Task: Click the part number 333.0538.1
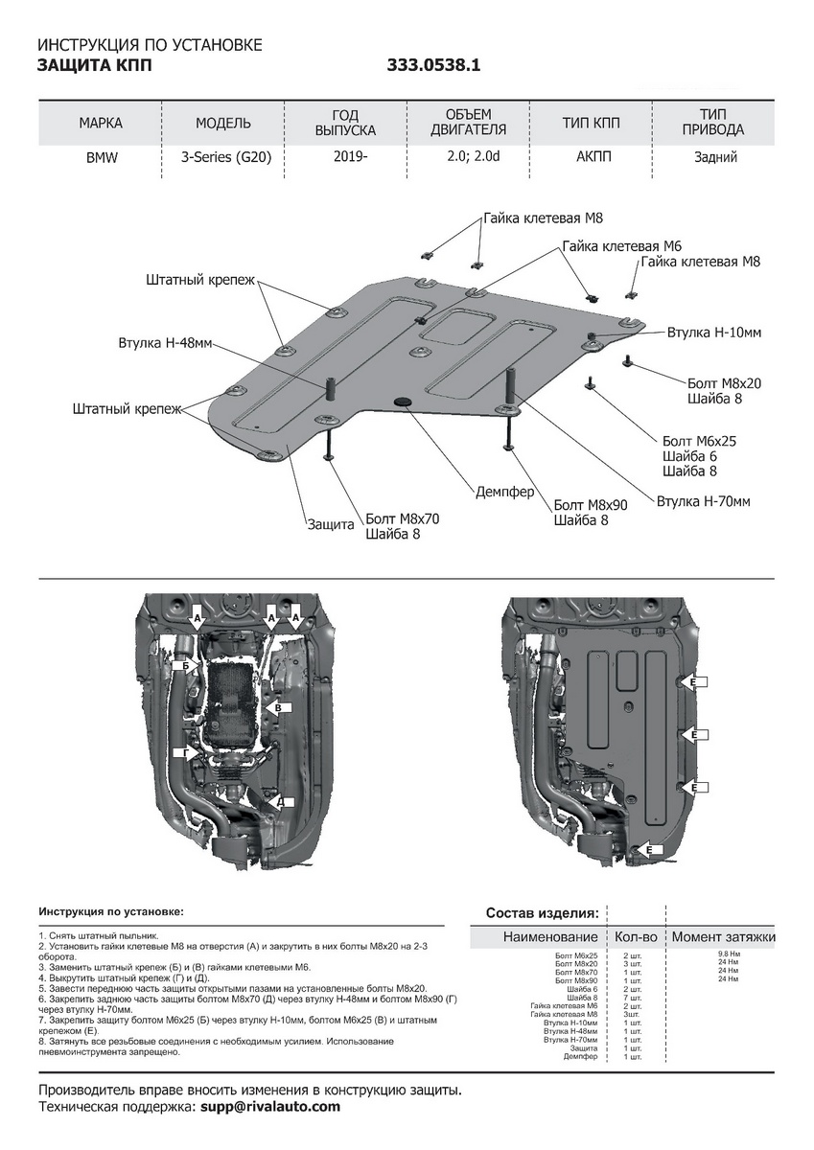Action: pyautogui.click(x=433, y=66)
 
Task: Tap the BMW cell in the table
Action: pyautogui.click(x=101, y=158)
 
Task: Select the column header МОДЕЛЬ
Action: pyautogui.click(x=223, y=123)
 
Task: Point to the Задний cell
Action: pyautogui.click(x=715, y=158)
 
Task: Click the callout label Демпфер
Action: pyautogui.click(x=505, y=492)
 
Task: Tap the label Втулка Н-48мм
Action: pyautogui.click(x=166, y=343)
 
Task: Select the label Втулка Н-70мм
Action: pyautogui.click(x=703, y=501)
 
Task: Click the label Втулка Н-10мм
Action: pyautogui.click(x=714, y=333)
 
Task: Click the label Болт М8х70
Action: pyautogui.click(x=403, y=519)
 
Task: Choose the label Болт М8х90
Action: pyautogui.click(x=591, y=505)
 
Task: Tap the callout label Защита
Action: pyautogui.click(x=331, y=524)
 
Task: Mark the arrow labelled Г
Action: pyautogui.click(x=182, y=754)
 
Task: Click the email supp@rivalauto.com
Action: pyautogui.click(x=270, y=1106)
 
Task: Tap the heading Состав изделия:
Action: pyautogui.click(x=542, y=912)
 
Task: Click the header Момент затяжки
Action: pyautogui.click(x=723, y=936)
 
